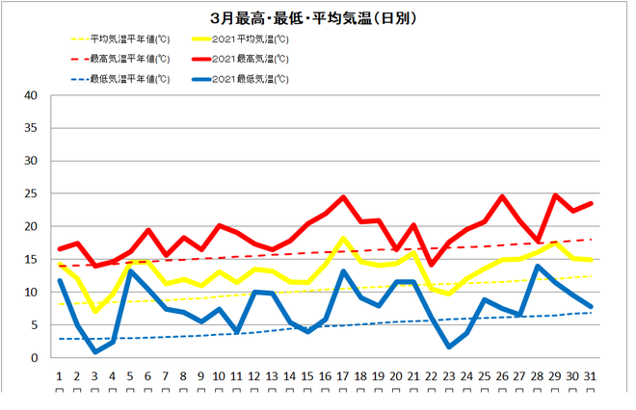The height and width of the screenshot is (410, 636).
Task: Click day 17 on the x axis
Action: (x=343, y=375)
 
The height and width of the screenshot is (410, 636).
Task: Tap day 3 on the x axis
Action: (x=95, y=375)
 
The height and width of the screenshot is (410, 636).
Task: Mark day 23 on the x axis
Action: (x=450, y=375)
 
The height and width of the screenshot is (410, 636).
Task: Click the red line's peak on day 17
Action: (x=343, y=197)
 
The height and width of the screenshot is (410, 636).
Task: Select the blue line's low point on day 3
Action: (x=95, y=352)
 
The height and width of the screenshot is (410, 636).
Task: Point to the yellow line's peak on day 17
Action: (x=343, y=239)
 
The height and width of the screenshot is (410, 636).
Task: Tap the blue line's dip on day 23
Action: (x=450, y=346)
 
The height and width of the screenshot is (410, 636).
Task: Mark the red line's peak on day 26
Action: (x=503, y=196)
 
